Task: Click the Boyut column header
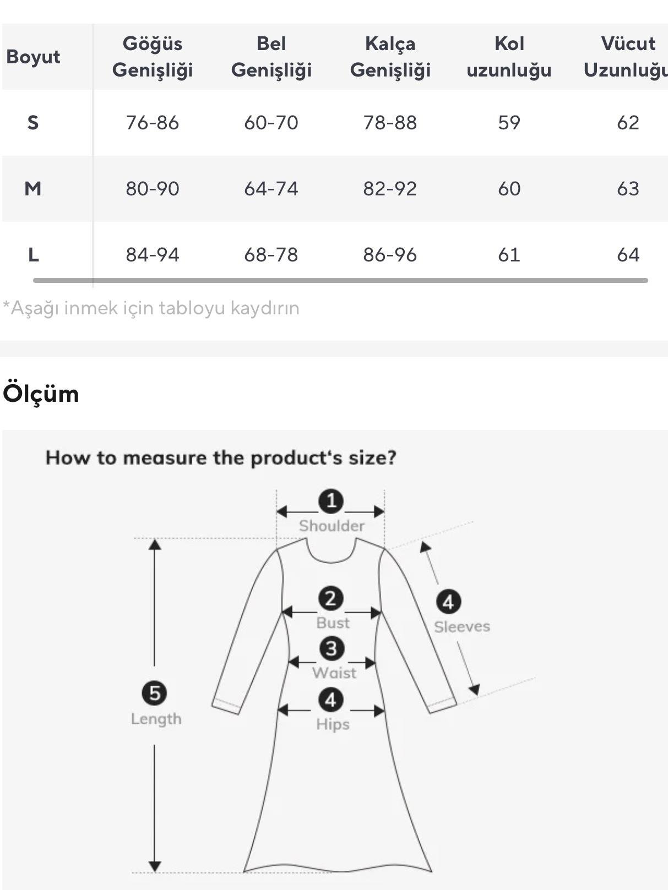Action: (x=33, y=57)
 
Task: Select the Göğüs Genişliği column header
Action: (x=153, y=57)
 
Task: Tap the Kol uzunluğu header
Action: (x=509, y=57)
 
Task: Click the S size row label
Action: (x=33, y=122)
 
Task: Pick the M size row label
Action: (x=33, y=189)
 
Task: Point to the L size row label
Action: (x=34, y=255)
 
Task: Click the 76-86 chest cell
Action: (x=153, y=122)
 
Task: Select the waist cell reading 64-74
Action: (x=271, y=189)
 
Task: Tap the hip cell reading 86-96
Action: (x=390, y=255)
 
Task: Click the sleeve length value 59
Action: (x=509, y=122)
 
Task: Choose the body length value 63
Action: (x=628, y=189)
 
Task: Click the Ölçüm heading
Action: (x=41, y=394)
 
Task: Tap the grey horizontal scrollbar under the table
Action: (x=341, y=280)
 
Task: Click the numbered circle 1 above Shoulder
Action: (x=331, y=501)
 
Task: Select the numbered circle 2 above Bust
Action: (x=330, y=599)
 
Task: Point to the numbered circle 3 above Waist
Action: (x=331, y=649)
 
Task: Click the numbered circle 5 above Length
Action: (x=155, y=693)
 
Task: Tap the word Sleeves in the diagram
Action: (x=462, y=627)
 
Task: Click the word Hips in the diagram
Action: (x=333, y=724)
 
